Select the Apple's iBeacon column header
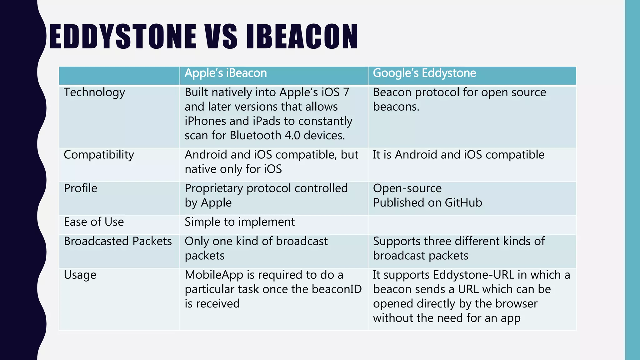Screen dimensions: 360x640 coord(226,73)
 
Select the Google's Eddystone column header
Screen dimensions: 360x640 coord(424,73)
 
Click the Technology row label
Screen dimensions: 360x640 coord(94,92)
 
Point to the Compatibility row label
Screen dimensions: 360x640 coord(99,155)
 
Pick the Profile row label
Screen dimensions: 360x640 coord(80,188)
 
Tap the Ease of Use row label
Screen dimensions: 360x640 coord(94,222)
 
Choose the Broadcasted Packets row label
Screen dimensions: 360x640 coord(118,241)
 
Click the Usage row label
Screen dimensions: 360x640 coord(80,275)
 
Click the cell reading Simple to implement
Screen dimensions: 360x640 coord(239,222)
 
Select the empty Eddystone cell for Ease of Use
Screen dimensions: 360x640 coord(472,225)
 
